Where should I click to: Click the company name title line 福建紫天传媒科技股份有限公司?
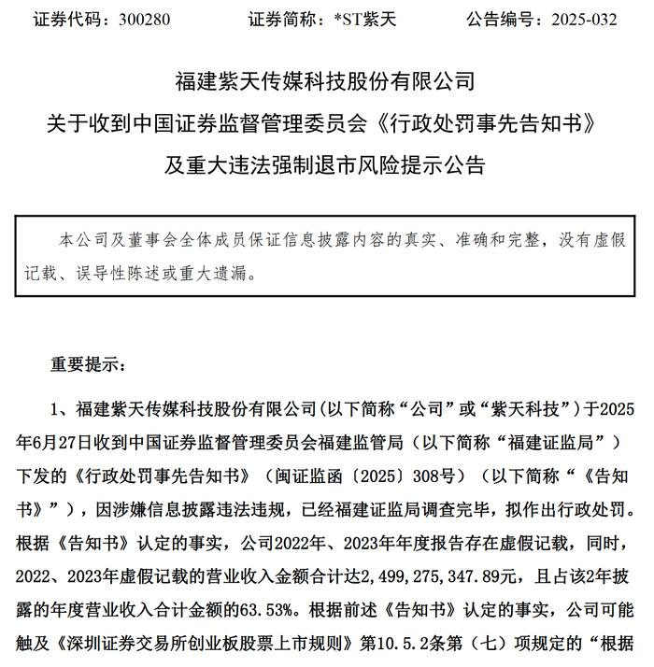tap(326, 79)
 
